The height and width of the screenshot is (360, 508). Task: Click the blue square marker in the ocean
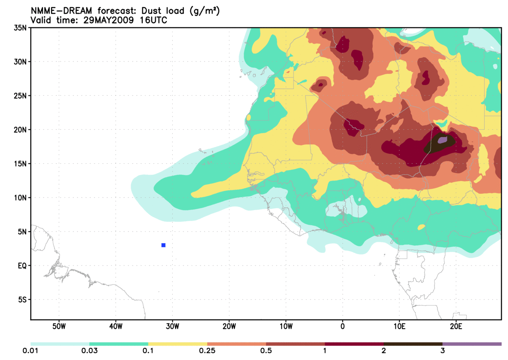(163, 245)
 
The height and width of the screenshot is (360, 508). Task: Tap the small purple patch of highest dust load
(442, 140)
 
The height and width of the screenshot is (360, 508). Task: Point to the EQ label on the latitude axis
(22, 265)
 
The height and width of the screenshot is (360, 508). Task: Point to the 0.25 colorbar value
(207, 351)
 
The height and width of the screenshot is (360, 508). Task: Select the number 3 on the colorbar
(442, 351)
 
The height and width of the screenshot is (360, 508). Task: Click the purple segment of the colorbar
(472, 344)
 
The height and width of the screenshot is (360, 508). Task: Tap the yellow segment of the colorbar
(177, 344)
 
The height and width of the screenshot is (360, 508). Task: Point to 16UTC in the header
(152, 20)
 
